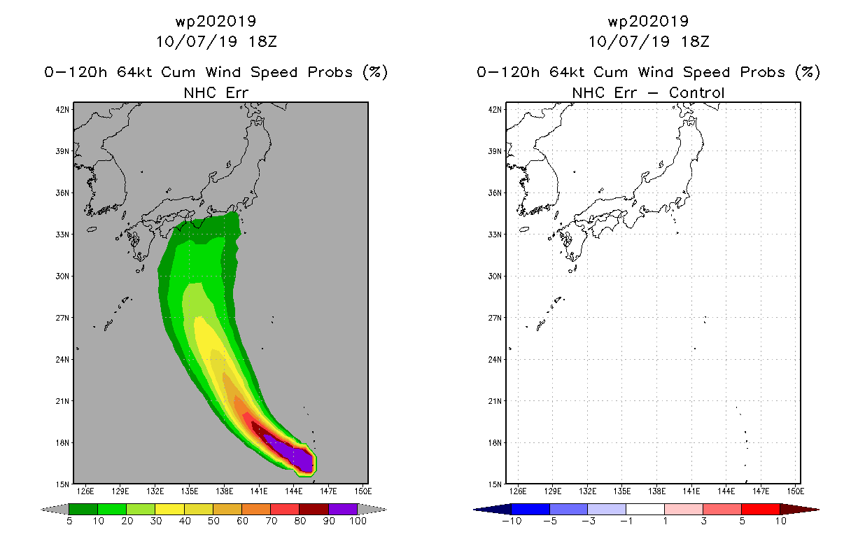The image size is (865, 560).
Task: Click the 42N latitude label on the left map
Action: [x=62, y=110]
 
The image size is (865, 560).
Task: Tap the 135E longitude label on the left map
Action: [x=190, y=491]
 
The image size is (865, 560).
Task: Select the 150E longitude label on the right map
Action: [x=796, y=491]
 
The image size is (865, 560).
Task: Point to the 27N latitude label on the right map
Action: [x=495, y=318]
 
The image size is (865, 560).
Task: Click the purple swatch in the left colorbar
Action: [x=343, y=509]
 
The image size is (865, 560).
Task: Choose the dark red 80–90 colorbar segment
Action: [x=314, y=509]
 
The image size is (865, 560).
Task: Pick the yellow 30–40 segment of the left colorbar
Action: [x=169, y=509]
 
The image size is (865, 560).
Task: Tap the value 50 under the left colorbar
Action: [x=213, y=521]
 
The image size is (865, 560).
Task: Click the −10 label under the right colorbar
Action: [x=512, y=521]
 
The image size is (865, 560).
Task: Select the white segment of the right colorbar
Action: [x=645, y=509]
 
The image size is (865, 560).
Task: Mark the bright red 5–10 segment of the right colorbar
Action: [x=761, y=509]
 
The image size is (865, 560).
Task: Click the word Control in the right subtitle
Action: [x=696, y=92]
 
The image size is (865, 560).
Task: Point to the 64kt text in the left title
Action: [x=134, y=72]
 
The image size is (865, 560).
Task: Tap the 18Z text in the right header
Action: [x=695, y=41]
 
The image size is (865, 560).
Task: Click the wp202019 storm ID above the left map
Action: [x=216, y=21]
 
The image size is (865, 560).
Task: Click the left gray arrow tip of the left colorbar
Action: [x=42, y=510]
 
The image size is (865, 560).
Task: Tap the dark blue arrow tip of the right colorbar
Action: [x=474, y=510]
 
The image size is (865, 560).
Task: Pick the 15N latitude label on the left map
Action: [x=62, y=484]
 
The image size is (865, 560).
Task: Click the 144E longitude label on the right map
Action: [x=726, y=491]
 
